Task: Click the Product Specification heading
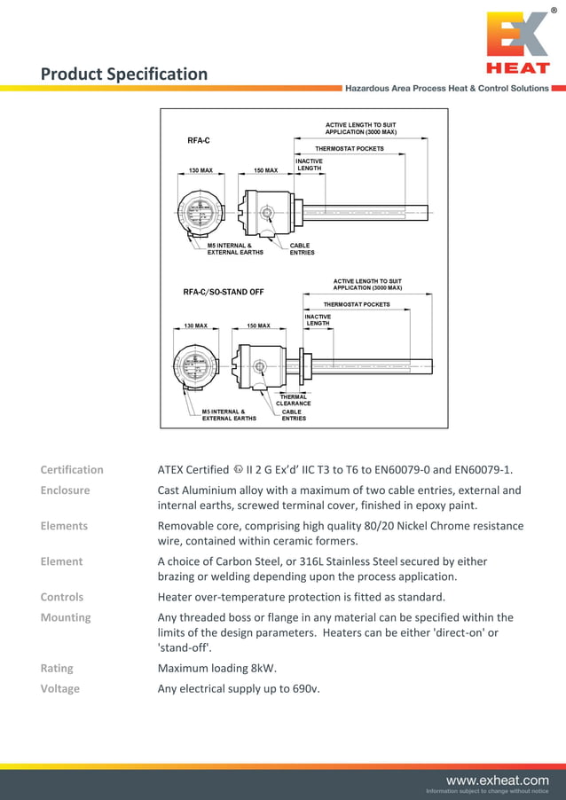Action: pyautogui.click(x=124, y=75)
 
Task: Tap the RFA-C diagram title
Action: pyautogui.click(x=199, y=140)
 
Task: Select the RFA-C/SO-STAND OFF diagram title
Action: pyautogui.click(x=224, y=292)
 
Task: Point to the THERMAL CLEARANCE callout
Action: pyautogui.click(x=294, y=400)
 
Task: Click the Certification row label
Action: pyautogui.click(x=72, y=470)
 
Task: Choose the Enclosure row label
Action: pyautogui.click(x=65, y=490)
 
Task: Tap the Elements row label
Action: pyautogui.click(x=64, y=526)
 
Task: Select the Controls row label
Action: pyautogui.click(x=62, y=597)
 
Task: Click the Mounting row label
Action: pyautogui.click(x=66, y=617)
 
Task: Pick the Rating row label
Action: pyautogui.click(x=57, y=668)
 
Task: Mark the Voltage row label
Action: pyautogui.click(x=60, y=688)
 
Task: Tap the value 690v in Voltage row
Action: pyautogui.click(x=306, y=688)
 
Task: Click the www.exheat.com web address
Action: pyautogui.click(x=497, y=780)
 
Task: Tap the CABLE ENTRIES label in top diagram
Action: pyautogui.click(x=302, y=249)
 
